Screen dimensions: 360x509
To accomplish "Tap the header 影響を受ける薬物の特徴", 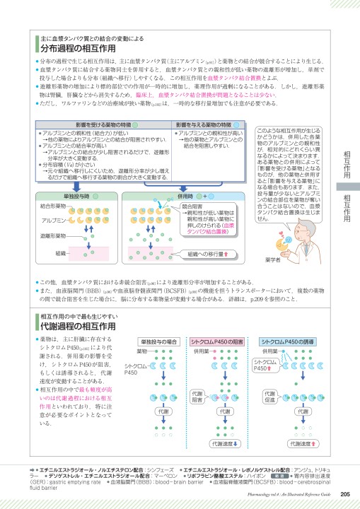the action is coord(87,125).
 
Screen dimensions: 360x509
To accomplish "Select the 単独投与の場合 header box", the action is coord(161,341).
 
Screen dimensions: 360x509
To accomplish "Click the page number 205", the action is coord(345,494).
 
